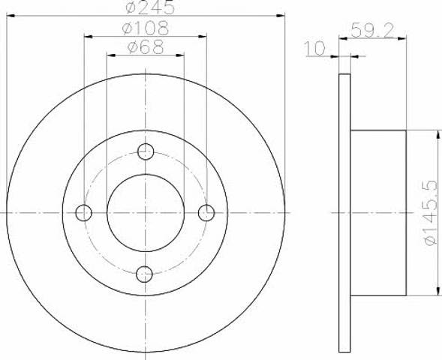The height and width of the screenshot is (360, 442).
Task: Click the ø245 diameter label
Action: [150, 7]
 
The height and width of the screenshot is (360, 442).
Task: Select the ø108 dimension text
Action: [146, 28]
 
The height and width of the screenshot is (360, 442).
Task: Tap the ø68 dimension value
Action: [146, 46]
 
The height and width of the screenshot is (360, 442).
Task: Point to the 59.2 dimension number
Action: [372, 30]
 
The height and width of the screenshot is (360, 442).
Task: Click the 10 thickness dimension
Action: [314, 49]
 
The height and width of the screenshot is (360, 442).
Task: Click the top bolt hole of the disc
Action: [146, 151]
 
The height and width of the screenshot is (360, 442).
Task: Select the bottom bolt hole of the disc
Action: [144, 274]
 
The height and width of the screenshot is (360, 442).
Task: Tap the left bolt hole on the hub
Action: [84, 213]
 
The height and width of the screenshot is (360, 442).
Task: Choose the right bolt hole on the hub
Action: [206, 213]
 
